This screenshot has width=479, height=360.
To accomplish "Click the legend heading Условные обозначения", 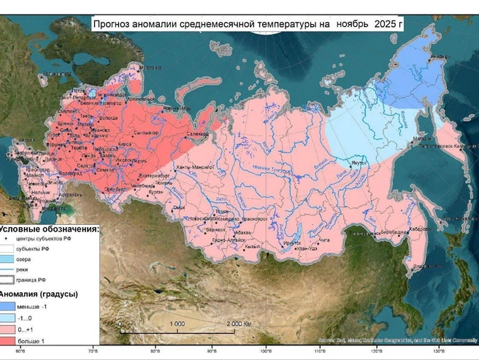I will coord(50,228).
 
